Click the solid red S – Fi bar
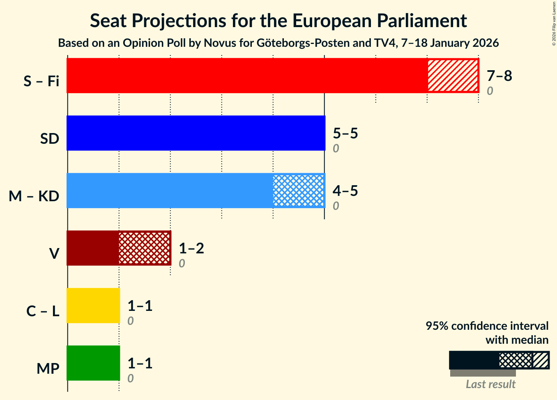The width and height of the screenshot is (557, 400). point(246,76)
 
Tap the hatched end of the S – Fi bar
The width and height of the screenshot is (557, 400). point(453,76)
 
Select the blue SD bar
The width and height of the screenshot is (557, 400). point(196,133)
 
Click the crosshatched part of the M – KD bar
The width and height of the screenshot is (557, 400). point(299,191)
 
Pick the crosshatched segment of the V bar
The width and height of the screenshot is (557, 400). point(145,248)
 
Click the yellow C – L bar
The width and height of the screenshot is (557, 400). point(93,306)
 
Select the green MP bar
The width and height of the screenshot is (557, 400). point(93,363)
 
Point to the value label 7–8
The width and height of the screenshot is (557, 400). point(499,76)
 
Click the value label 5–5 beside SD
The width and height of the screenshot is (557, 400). point(345,133)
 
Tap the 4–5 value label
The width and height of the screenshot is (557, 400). point(345,191)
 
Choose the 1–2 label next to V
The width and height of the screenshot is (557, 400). point(191,248)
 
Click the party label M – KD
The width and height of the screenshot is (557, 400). point(34,196)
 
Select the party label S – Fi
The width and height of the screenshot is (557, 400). point(41,81)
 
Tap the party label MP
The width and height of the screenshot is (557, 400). point(48,369)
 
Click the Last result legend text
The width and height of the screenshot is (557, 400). point(490,384)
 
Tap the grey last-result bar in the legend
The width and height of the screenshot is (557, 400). point(483,373)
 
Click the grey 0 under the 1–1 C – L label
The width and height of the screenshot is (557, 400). point(130,321)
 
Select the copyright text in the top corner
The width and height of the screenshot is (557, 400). point(554,23)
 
